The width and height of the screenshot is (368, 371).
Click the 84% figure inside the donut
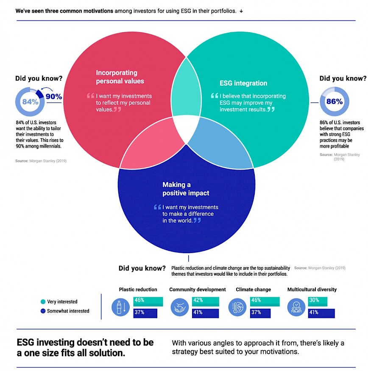30,102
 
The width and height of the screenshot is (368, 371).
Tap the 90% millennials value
54,97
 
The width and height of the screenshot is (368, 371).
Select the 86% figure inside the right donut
335,101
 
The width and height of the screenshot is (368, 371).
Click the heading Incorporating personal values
120,77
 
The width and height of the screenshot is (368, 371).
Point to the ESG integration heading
243,83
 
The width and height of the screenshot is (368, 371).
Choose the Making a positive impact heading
186,189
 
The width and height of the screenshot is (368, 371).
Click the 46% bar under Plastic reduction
148,301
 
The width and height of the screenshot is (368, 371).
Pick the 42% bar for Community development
206,301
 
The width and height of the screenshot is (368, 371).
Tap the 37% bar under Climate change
260,313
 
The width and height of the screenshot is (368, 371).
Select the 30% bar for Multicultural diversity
318,301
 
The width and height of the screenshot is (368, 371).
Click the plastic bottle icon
121,307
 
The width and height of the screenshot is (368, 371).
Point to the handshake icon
180,307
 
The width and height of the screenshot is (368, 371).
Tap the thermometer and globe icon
237,307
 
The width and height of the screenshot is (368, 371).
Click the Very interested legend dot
43,301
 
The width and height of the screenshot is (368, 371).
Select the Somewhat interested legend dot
43,311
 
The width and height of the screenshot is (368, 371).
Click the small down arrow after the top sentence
241,11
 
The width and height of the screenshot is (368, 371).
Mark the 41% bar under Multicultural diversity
321,313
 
